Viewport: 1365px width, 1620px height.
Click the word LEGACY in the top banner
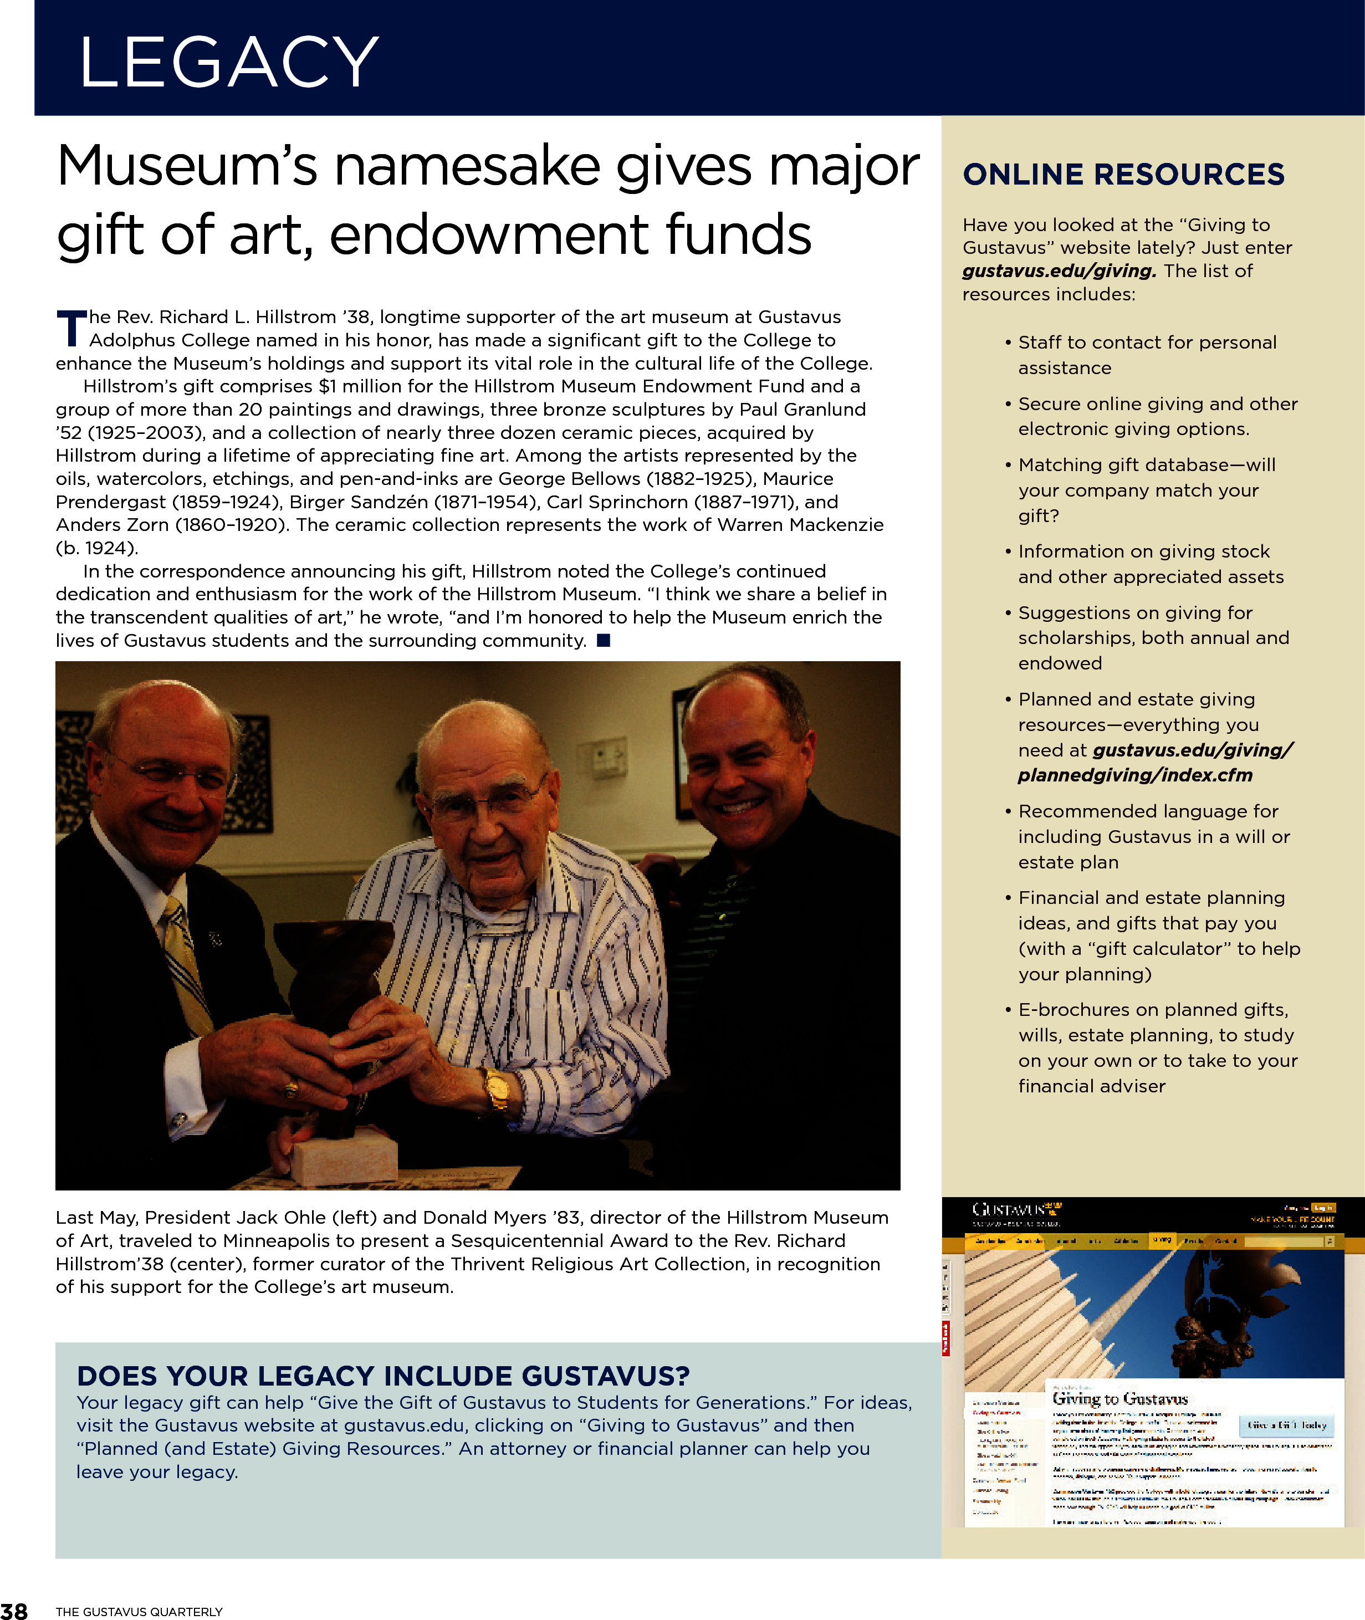coord(229,62)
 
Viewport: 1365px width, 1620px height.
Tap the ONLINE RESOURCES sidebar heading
coord(1123,175)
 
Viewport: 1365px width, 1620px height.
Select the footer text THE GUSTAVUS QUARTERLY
coord(139,1612)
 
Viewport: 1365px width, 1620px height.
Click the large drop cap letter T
coord(71,329)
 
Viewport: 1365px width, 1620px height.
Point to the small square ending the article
coord(604,640)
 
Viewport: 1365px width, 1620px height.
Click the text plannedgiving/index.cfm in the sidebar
coord(1134,775)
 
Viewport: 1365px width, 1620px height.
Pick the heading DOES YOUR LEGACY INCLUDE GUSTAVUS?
coord(383,1376)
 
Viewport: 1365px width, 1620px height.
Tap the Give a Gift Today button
coord(1287,1425)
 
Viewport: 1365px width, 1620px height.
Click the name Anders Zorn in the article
coord(111,524)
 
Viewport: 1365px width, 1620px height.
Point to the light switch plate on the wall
coord(607,759)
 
